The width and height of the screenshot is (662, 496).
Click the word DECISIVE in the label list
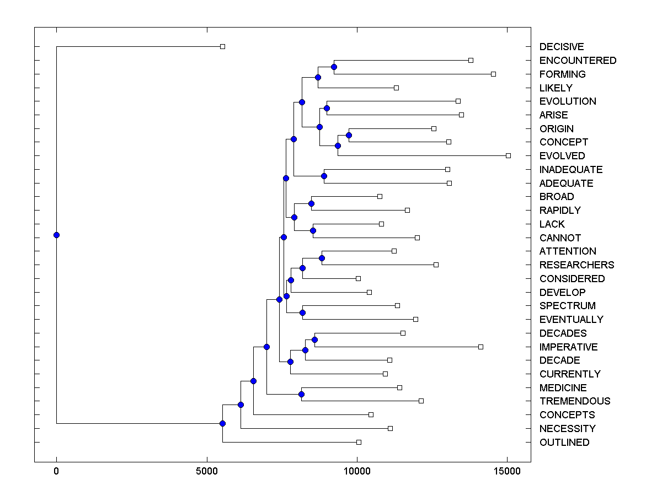(562, 47)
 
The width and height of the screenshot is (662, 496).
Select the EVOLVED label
(562, 156)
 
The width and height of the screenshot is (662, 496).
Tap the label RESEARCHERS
(576, 265)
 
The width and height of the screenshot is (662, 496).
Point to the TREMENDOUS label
(575, 401)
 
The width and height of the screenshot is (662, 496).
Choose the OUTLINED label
(564, 443)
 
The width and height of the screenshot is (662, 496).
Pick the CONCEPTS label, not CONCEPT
(567, 415)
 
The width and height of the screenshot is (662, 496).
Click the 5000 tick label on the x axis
(207, 472)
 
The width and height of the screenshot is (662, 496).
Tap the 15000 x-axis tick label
(507, 472)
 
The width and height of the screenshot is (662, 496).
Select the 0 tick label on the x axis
(56, 472)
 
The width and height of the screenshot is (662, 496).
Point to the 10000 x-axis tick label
(357, 472)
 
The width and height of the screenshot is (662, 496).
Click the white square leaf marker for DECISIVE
(222, 47)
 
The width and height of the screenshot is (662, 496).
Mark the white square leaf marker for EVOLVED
(508, 155)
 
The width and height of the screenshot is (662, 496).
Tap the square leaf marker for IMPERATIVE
(481, 347)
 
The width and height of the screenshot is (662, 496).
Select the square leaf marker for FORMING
(493, 74)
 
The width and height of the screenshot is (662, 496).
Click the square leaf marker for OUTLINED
(359, 442)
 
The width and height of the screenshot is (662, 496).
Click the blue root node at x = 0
(56, 235)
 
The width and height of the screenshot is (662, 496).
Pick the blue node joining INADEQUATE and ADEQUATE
(324, 176)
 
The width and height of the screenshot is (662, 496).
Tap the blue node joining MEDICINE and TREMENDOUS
(301, 394)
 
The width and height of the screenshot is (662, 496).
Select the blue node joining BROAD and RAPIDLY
(311, 203)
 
